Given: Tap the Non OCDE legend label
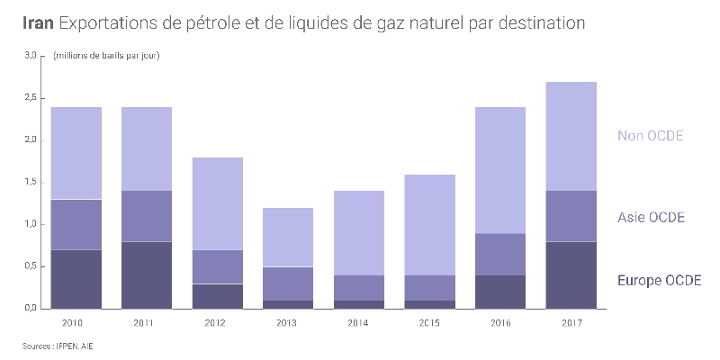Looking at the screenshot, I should pos(651,136).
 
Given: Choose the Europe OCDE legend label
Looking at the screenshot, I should pos(659,281).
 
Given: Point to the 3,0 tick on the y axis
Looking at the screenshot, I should pos(31,56).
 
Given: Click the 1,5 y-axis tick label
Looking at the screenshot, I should pos(31,182).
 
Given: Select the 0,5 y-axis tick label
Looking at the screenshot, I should pos(31,266).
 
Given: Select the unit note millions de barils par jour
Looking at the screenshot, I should pos(107,56).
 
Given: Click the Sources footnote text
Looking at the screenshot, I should pos(57,346).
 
